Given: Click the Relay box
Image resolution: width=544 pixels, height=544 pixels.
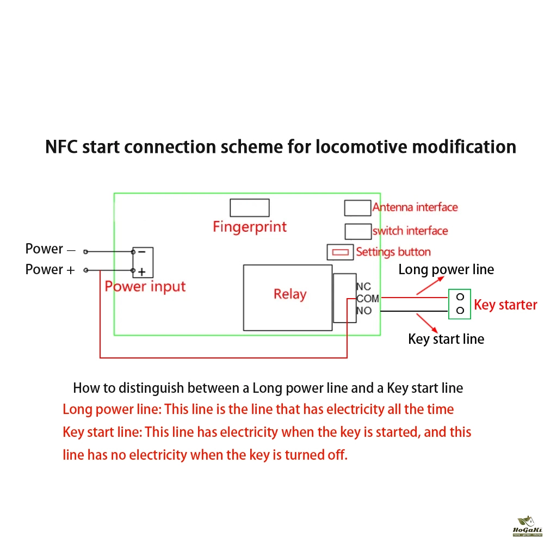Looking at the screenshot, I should point(287,297).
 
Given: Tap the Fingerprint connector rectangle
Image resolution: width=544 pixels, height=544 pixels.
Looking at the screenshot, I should point(249,208).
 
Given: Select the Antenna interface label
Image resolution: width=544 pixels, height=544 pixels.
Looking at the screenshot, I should point(415,207).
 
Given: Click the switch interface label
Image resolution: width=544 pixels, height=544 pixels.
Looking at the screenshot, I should point(410,231).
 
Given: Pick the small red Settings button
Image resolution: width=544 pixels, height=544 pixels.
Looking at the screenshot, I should point(340,252).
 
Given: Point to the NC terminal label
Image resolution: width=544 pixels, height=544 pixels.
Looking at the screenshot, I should point(363,287).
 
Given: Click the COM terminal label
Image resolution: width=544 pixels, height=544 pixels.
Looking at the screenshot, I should point(368,299).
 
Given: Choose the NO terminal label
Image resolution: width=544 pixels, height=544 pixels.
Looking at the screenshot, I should point(364,311).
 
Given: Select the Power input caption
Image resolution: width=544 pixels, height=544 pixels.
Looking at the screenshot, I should point(145,287).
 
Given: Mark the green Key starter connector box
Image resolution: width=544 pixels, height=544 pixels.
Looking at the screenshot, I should point(460,304).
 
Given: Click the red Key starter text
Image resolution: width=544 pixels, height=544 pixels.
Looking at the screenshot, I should point(505,305).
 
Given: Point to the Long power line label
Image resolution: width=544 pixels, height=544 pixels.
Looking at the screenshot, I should point(446,269).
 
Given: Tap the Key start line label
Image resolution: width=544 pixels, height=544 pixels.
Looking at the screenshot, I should point(446,339).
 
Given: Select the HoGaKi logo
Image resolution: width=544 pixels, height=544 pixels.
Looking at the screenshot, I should point(527,527).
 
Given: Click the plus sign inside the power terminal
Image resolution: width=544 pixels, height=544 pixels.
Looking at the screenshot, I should point(141,271).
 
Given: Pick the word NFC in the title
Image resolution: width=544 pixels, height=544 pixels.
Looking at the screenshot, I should point(61,147).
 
